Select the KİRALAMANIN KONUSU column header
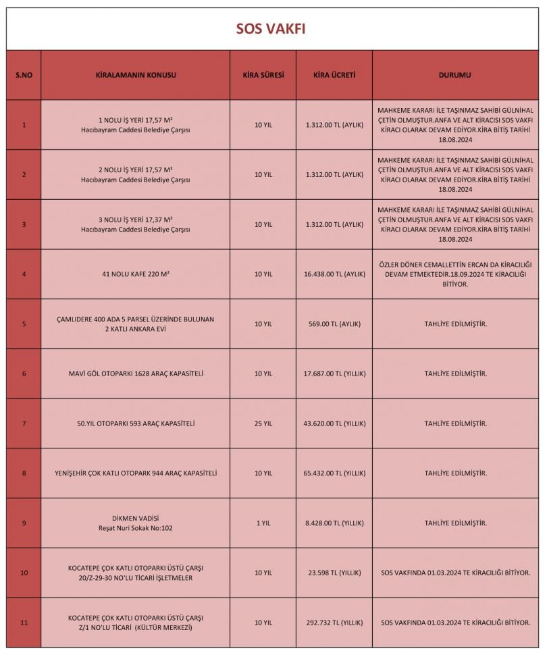(136, 75)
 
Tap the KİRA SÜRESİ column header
(263, 75)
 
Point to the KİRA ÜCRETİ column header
(334, 75)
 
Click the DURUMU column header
(455, 75)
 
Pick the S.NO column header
(24, 75)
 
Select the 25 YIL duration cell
(263, 423)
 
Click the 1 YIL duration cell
(263, 523)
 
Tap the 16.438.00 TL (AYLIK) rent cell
(334, 274)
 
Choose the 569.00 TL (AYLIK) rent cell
(334, 324)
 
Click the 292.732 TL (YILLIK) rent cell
(334, 623)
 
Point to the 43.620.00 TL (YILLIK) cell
(334, 423)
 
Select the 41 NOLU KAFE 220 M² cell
(136, 274)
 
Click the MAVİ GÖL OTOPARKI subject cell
(136, 373)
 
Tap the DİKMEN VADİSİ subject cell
(136, 523)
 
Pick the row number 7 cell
(24, 423)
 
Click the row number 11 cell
(24, 623)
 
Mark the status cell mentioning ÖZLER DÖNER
(455, 274)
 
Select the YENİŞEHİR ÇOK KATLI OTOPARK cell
(136, 473)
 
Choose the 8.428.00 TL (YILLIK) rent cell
(334, 523)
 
